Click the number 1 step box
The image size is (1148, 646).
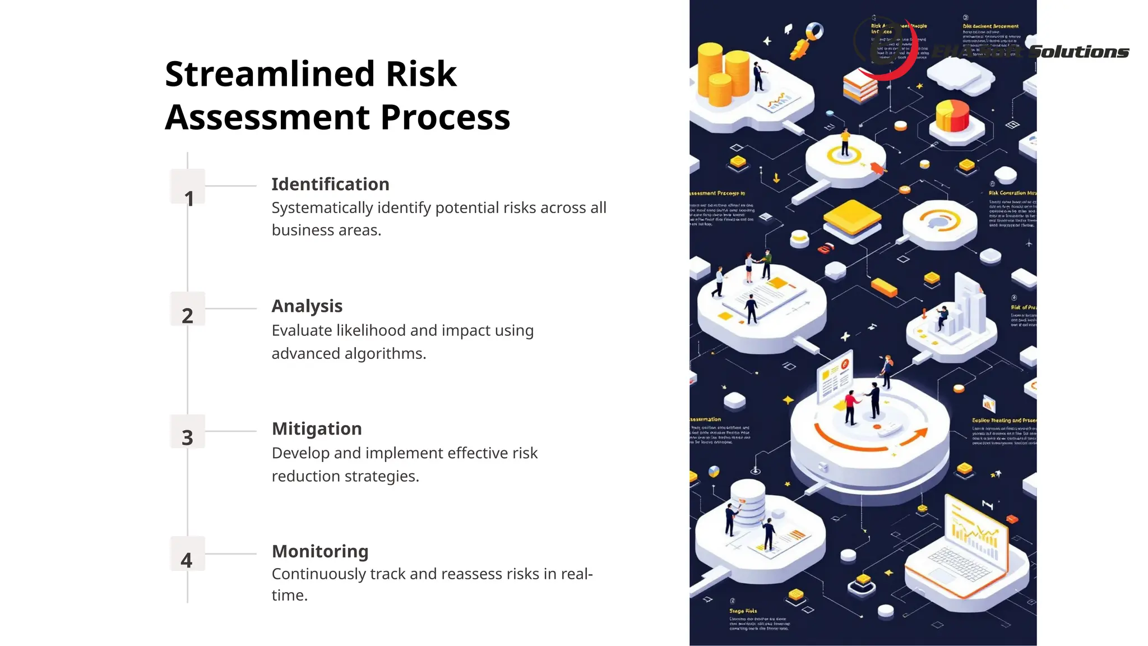(x=187, y=187)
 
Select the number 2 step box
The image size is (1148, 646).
(x=187, y=309)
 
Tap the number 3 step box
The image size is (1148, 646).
(x=187, y=431)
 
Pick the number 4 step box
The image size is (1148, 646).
(x=187, y=553)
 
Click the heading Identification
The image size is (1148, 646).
(x=330, y=184)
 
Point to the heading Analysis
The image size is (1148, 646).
(x=307, y=306)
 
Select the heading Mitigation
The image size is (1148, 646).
(x=317, y=429)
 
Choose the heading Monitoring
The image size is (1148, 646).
(x=320, y=551)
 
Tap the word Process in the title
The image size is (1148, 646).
(x=445, y=117)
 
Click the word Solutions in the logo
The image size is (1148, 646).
(x=1079, y=52)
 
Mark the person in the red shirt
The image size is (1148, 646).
(x=850, y=407)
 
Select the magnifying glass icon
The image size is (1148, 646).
(x=808, y=39)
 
